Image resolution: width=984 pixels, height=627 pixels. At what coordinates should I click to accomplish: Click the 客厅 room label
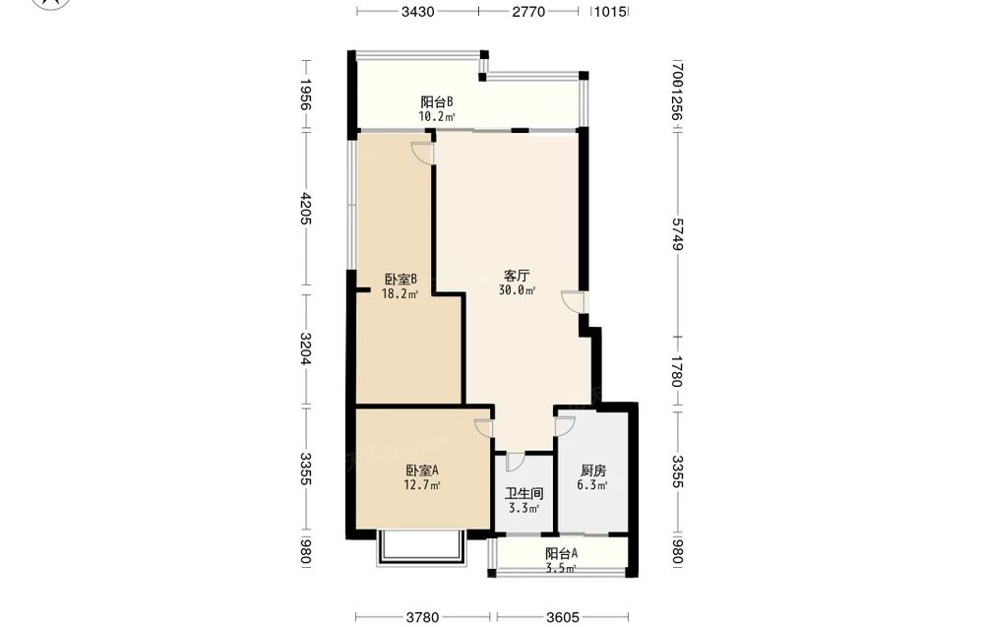[x=518, y=276]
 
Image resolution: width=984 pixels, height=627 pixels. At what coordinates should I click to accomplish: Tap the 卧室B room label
[x=401, y=279]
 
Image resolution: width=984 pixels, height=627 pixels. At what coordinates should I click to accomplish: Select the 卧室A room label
[x=422, y=470]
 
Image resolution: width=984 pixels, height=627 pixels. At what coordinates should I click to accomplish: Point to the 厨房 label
[x=593, y=470]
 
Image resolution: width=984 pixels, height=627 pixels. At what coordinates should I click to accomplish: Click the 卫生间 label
[x=524, y=494]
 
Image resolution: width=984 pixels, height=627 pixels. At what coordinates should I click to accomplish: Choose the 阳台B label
[x=437, y=101]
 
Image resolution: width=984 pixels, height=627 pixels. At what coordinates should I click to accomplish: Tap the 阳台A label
[x=561, y=553]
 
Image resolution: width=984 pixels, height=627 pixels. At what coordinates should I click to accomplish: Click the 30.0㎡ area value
[x=518, y=290]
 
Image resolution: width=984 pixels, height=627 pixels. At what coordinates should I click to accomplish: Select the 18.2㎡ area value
[x=400, y=293]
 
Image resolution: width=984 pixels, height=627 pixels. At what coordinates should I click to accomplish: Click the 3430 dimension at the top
[x=418, y=11]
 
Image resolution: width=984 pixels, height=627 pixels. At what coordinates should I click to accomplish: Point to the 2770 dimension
[x=528, y=11]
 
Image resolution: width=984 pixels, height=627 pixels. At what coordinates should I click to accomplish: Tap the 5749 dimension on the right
[x=677, y=234]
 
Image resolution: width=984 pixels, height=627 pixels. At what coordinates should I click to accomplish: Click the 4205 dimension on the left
[x=306, y=209]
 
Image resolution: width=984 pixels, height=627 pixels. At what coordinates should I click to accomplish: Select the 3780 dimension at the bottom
[x=422, y=617]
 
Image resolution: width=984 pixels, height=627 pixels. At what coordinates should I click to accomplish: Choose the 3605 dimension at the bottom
[x=563, y=617]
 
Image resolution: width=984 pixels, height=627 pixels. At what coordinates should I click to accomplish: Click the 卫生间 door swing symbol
[x=515, y=461]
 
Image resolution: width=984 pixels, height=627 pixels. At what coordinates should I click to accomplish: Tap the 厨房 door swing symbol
[x=564, y=427]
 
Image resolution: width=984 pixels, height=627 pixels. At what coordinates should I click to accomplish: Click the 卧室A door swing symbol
[x=484, y=427]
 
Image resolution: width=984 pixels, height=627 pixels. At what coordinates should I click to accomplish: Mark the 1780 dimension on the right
[x=677, y=371]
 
